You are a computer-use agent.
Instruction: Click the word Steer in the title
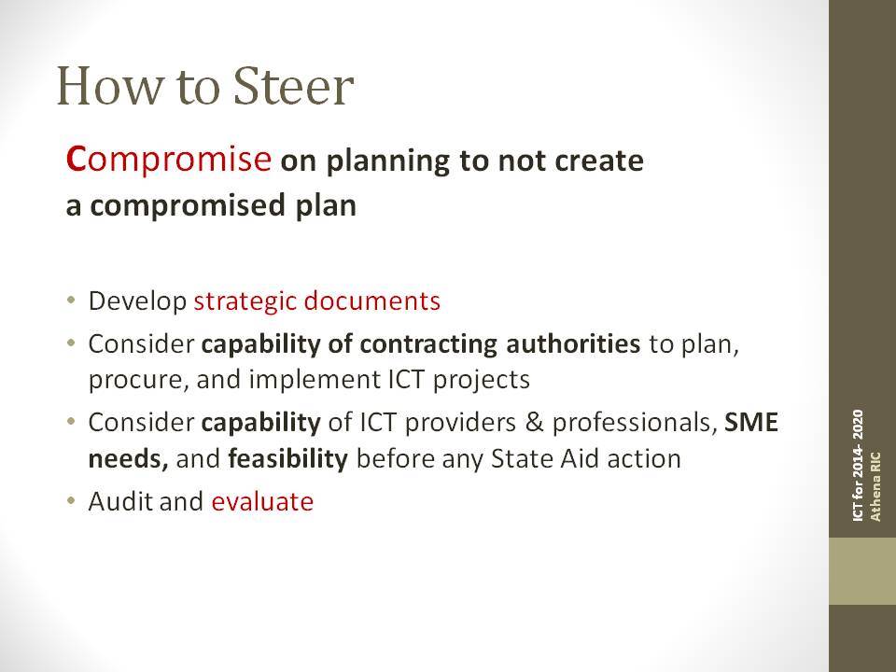(294, 86)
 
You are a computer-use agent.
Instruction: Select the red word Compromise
(169, 160)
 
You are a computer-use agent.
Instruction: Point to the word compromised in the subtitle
(188, 206)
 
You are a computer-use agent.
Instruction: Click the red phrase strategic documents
(317, 301)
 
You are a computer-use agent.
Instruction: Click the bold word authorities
(573, 343)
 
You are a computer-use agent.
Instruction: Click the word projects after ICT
(482, 381)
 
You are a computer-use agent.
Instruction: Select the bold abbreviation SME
(751, 422)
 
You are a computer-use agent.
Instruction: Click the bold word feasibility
(288, 459)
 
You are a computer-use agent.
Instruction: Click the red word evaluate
(262, 502)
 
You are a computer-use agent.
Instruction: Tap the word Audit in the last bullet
(120, 502)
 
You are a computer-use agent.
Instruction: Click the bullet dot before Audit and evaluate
(71, 501)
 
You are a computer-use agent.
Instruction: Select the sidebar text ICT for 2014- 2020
(858, 465)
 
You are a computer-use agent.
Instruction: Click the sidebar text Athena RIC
(875, 486)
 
